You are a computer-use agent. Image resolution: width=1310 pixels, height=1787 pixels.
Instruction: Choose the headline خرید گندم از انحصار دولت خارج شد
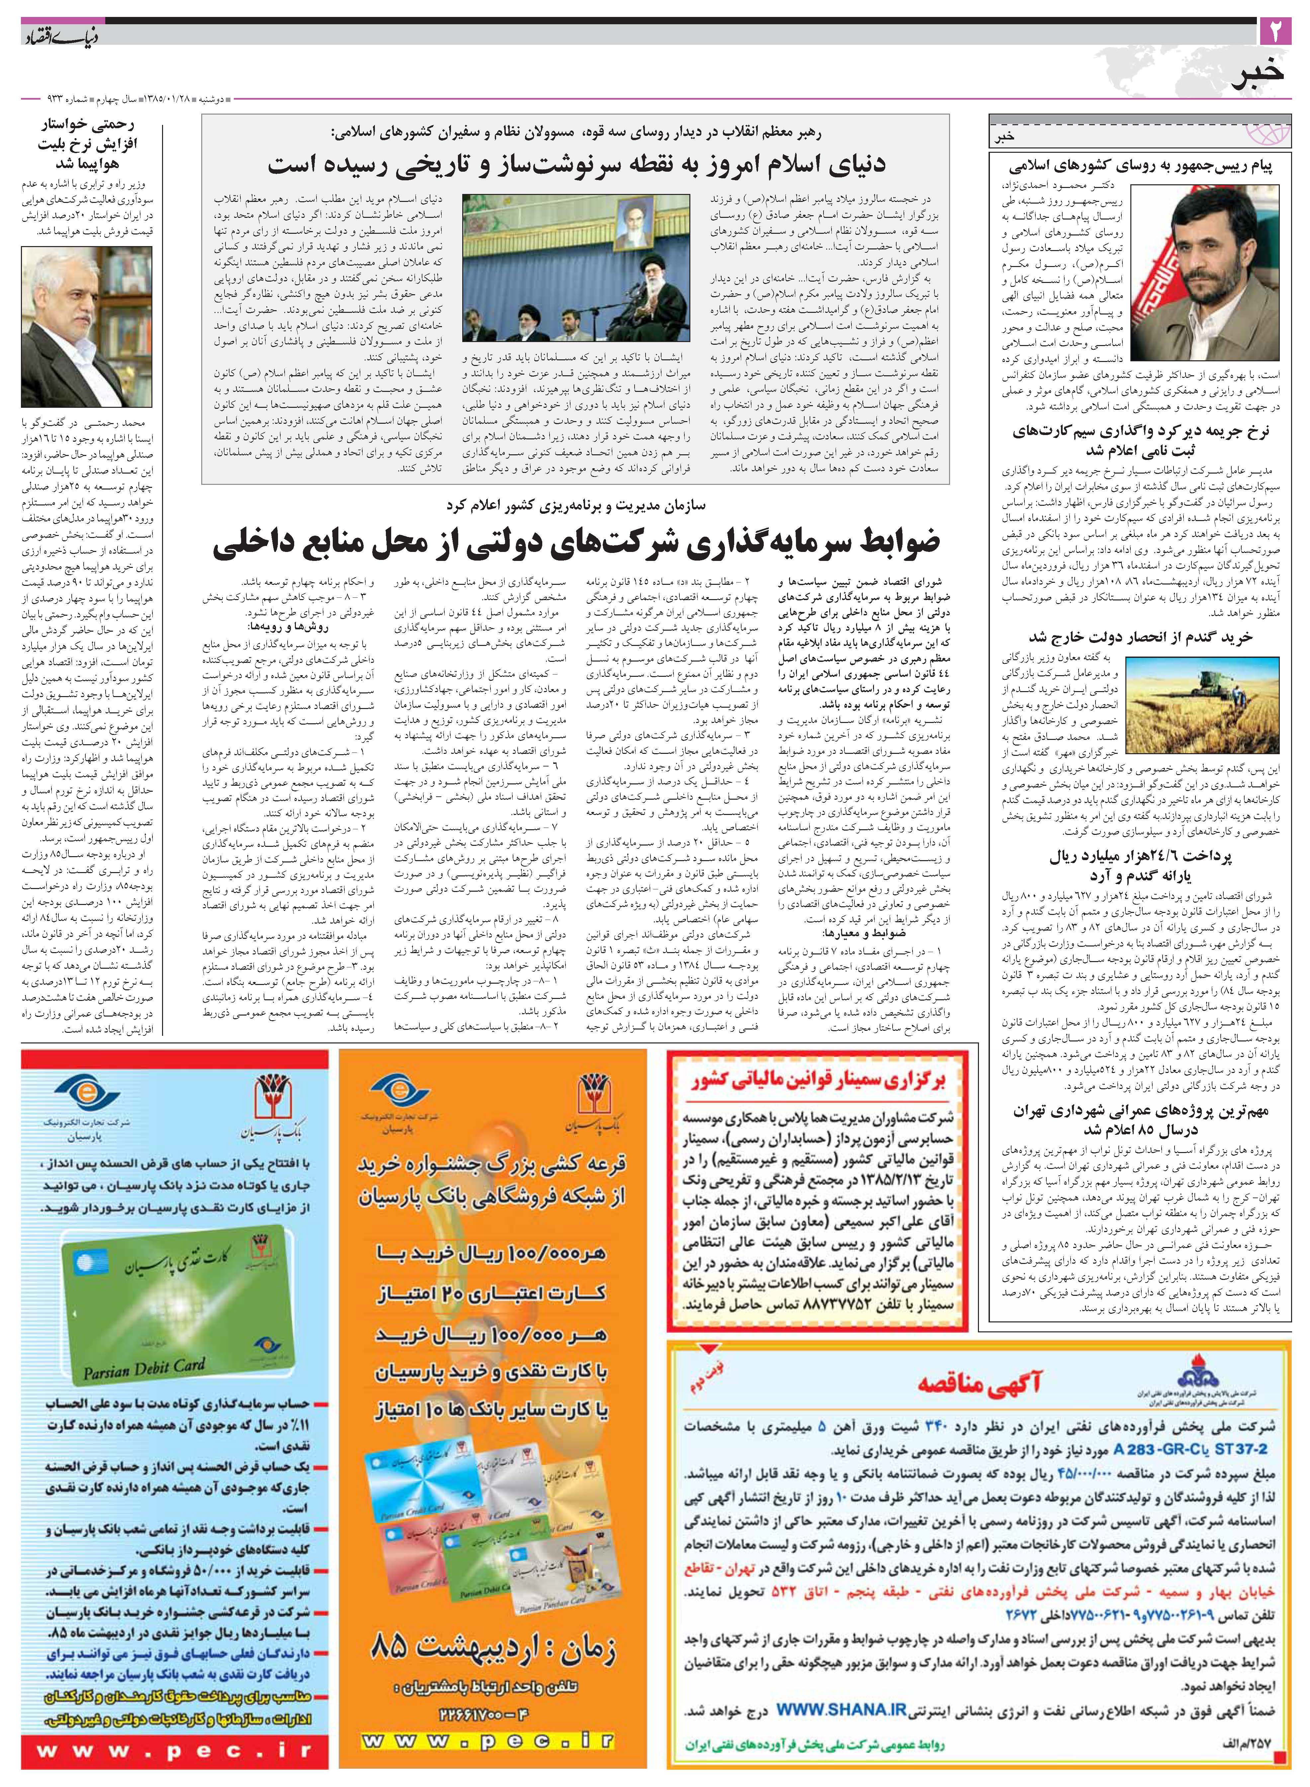click(1140, 637)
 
